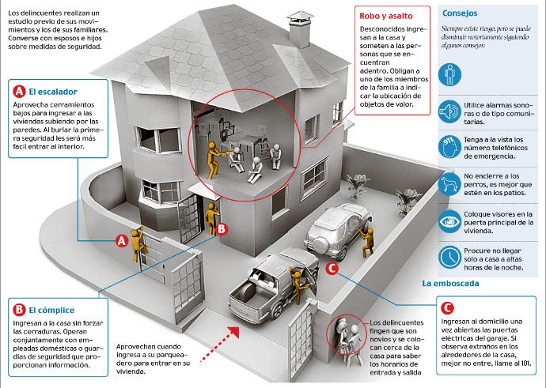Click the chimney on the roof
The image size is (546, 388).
(x=300, y=29)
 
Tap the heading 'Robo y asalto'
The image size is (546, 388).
(x=386, y=16)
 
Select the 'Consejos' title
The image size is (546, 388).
(x=460, y=13)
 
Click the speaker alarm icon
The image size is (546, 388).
(x=449, y=111)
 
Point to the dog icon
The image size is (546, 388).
(x=449, y=183)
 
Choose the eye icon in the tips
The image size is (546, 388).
(x=449, y=221)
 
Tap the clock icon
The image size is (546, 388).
(x=449, y=258)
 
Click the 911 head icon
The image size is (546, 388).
(x=449, y=147)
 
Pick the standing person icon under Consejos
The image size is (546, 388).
(x=449, y=74)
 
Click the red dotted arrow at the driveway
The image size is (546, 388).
(x=220, y=345)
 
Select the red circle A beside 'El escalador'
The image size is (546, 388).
(x=20, y=92)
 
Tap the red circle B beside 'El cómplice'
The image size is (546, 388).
(x=19, y=310)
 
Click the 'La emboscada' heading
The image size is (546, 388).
(x=450, y=284)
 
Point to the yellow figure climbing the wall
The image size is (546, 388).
(x=138, y=244)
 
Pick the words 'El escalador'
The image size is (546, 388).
(x=53, y=92)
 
